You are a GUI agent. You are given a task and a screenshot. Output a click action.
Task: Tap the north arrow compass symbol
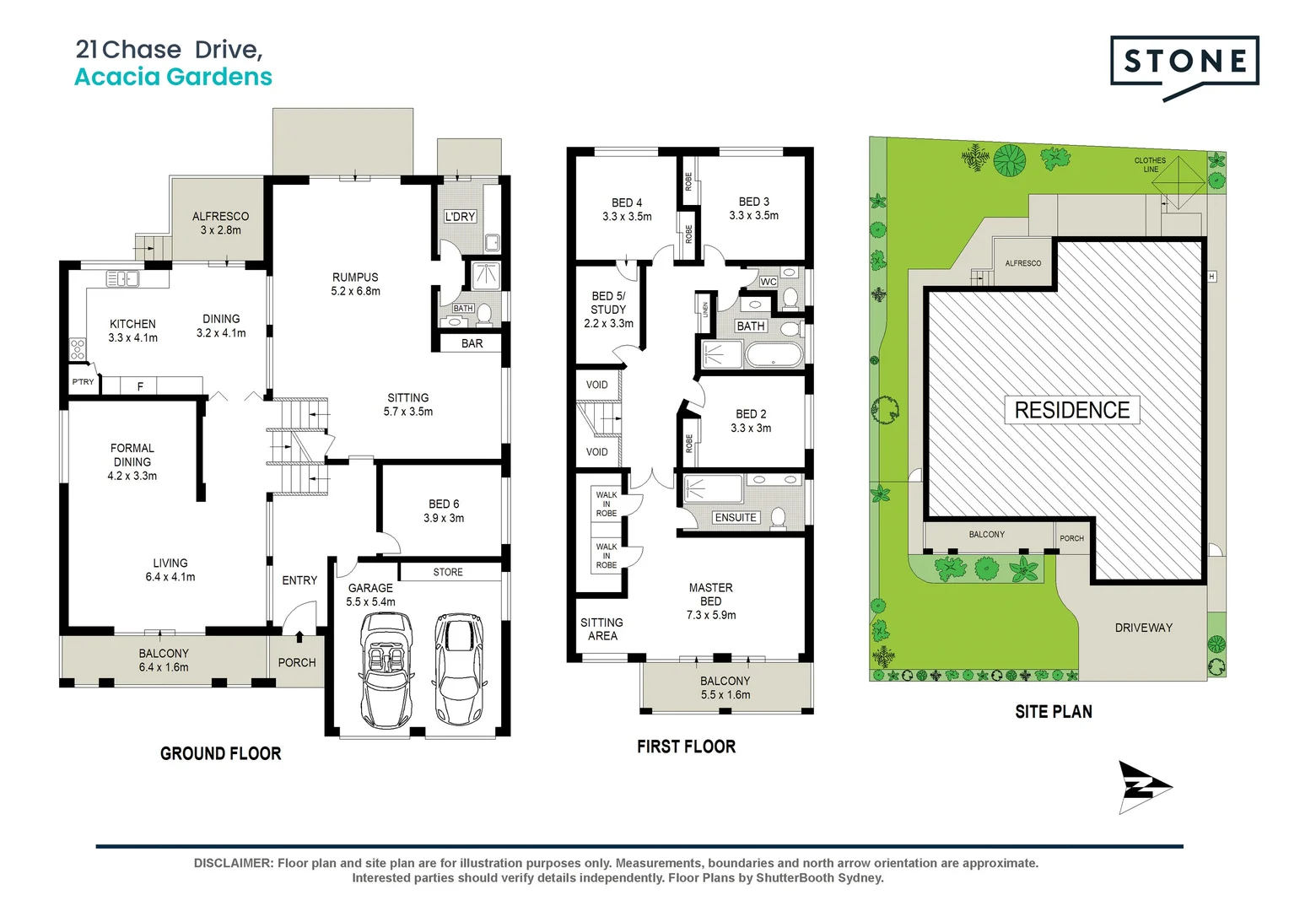[x=1145, y=787]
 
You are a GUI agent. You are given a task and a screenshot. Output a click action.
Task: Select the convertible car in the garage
[x=386, y=668]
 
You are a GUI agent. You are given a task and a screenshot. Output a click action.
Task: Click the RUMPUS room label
[x=355, y=277]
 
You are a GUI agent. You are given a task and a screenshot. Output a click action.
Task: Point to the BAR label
[x=472, y=343]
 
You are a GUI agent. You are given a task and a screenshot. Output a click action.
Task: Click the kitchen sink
[x=122, y=279]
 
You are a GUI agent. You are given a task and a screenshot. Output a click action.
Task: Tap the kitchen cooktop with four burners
[x=78, y=349]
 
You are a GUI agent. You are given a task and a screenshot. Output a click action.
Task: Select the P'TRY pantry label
[x=83, y=381]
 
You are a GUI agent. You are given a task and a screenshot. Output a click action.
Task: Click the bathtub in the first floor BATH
[x=774, y=356]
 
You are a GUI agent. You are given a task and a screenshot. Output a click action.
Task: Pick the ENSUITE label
[x=736, y=517]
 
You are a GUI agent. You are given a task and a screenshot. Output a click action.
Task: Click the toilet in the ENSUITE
[x=779, y=516]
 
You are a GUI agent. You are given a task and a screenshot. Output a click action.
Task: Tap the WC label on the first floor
[x=769, y=282]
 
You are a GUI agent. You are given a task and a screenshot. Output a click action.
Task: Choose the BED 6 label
[x=444, y=504]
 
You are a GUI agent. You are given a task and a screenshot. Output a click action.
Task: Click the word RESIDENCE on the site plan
[x=1072, y=410]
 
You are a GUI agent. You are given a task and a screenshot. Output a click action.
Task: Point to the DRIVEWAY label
[x=1143, y=628]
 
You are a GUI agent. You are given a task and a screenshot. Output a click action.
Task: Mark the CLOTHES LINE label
[x=1151, y=164]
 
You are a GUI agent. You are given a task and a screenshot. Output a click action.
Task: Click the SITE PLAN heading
[x=1054, y=712]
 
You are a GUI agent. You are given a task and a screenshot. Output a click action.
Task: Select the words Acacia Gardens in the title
[x=173, y=77]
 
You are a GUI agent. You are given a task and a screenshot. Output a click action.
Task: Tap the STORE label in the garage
[x=448, y=572]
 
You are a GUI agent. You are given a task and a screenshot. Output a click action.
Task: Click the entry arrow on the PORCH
[x=299, y=637]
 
